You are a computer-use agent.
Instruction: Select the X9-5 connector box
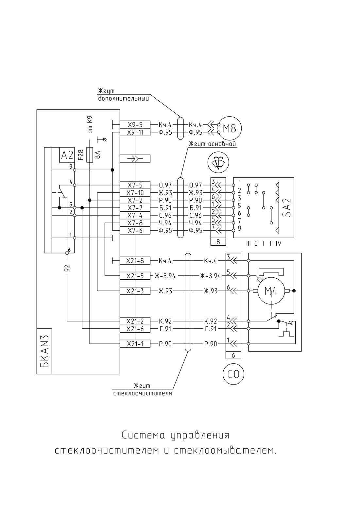click(135, 124)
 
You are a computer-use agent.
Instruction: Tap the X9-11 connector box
click(135, 132)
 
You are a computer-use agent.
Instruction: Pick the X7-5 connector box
click(135, 185)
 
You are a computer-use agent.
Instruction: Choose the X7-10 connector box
click(135, 193)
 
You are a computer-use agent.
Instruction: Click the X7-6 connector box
click(135, 230)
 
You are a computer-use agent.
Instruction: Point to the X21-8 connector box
click(135, 261)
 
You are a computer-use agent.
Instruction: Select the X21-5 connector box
click(135, 276)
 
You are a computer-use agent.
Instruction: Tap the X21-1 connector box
click(135, 344)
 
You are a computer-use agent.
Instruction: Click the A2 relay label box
click(67, 155)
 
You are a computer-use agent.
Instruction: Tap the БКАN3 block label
click(44, 351)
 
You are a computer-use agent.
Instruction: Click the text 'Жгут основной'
click(212, 144)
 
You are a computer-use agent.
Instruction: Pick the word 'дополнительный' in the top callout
click(124, 99)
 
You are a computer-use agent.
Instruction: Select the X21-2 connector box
click(135, 321)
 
